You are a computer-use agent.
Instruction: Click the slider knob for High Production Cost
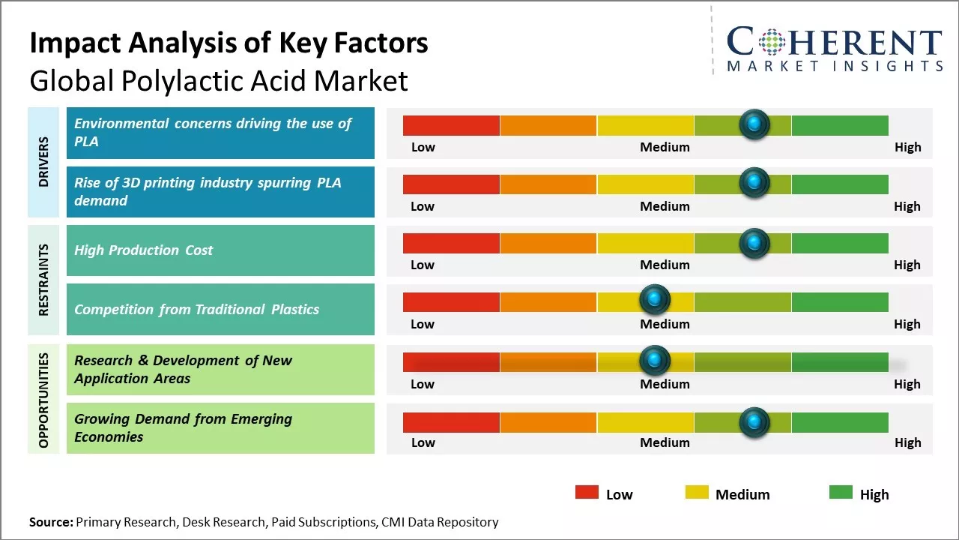[754, 242]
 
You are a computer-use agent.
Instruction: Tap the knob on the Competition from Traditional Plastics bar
[655, 301]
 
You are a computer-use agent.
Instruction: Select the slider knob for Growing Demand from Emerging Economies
[754, 422]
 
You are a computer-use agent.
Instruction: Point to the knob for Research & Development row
[655, 361]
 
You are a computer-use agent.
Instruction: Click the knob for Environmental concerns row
[754, 123]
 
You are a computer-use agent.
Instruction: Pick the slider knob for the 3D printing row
[754, 182]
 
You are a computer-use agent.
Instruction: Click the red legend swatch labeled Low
[587, 493]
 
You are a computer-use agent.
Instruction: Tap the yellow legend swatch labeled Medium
[697, 493]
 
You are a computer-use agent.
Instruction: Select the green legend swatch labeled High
[841, 493]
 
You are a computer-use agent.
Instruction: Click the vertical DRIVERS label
[43, 162]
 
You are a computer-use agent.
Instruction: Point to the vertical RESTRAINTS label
[43, 280]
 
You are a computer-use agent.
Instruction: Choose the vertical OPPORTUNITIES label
[43, 400]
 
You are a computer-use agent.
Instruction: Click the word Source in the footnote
[51, 522]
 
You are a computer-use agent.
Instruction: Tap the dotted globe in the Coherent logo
[772, 42]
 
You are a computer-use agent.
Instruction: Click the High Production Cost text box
[220, 250]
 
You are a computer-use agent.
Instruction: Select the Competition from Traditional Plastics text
[197, 309]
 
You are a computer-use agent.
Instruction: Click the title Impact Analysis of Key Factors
[229, 43]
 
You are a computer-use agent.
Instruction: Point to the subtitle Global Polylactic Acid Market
[219, 80]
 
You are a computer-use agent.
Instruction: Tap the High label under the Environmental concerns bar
[907, 147]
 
